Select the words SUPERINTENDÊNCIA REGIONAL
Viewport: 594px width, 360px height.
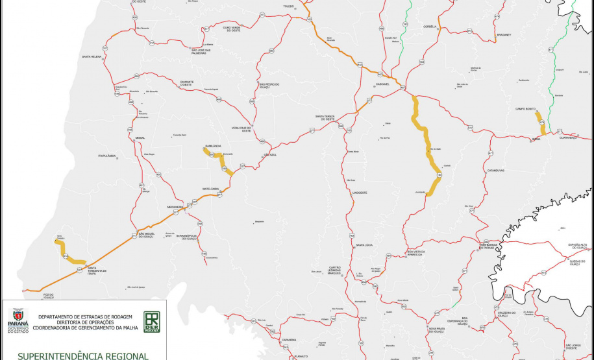point(83,355)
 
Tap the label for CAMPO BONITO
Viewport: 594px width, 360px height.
point(525,108)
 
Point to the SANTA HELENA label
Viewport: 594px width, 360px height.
point(92,57)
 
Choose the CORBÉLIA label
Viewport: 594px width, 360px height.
point(430,27)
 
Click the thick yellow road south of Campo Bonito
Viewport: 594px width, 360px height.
point(541,121)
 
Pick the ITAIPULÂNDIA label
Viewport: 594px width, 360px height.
point(106,156)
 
